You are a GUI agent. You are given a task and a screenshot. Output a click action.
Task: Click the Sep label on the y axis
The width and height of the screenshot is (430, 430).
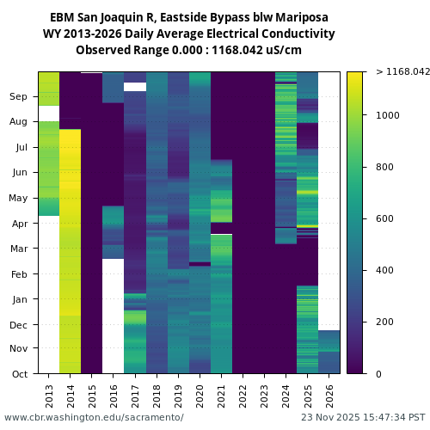[19, 97]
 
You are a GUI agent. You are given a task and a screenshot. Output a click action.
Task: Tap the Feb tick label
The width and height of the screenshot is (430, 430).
[20, 274]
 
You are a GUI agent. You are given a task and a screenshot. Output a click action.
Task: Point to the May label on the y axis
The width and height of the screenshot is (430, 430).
[19, 199]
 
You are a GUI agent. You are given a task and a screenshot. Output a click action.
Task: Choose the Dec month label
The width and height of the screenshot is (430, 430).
[19, 325]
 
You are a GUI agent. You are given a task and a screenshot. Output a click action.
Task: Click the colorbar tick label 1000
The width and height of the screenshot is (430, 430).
[388, 115]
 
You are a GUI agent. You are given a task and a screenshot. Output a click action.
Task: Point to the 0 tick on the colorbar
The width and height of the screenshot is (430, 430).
[378, 374]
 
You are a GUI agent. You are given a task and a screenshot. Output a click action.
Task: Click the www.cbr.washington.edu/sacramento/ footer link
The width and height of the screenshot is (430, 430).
[94, 417]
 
